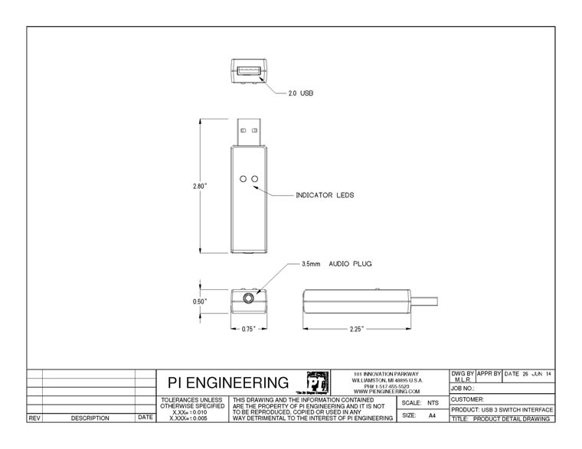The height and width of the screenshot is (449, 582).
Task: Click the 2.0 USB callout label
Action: click(301, 93)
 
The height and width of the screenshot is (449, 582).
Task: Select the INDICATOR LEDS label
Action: click(325, 196)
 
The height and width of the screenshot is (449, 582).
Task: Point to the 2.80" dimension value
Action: click(201, 185)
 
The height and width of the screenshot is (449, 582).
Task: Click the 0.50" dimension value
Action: click(200, 301)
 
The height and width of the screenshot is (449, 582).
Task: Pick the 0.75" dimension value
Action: click(249, 329)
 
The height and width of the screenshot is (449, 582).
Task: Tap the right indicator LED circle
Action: click(255, 179)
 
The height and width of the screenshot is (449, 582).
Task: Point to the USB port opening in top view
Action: click(250, 72)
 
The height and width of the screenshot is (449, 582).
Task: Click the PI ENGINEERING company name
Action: click(228, 382)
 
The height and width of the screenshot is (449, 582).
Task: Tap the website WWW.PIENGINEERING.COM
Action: click(387, 392)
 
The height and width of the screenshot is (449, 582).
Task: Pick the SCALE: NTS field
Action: click(420, 402)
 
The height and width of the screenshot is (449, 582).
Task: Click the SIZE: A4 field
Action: click(420, 415)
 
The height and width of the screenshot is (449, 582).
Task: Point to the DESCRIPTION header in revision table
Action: click(90, 418)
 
